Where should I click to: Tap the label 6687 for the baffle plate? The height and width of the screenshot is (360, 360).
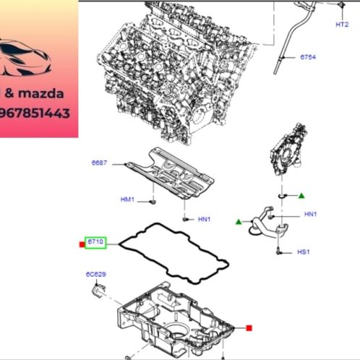point(99,163)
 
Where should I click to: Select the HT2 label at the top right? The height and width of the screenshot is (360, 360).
point(342,24)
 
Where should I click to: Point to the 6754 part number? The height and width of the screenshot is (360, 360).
point(309,56)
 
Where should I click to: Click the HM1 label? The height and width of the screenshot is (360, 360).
point(127,199)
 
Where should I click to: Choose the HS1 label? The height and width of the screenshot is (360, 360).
point(303,252)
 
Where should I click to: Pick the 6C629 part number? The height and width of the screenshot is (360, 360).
point(95,275)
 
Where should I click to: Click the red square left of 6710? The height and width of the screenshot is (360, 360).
point(82,244)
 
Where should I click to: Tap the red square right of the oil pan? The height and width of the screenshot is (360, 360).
point(249,328)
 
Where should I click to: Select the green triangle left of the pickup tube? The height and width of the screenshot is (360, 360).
point(238,221)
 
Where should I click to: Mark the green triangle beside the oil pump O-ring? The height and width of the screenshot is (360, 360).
point(301,196)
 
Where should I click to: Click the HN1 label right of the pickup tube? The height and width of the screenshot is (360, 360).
point(310,214)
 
